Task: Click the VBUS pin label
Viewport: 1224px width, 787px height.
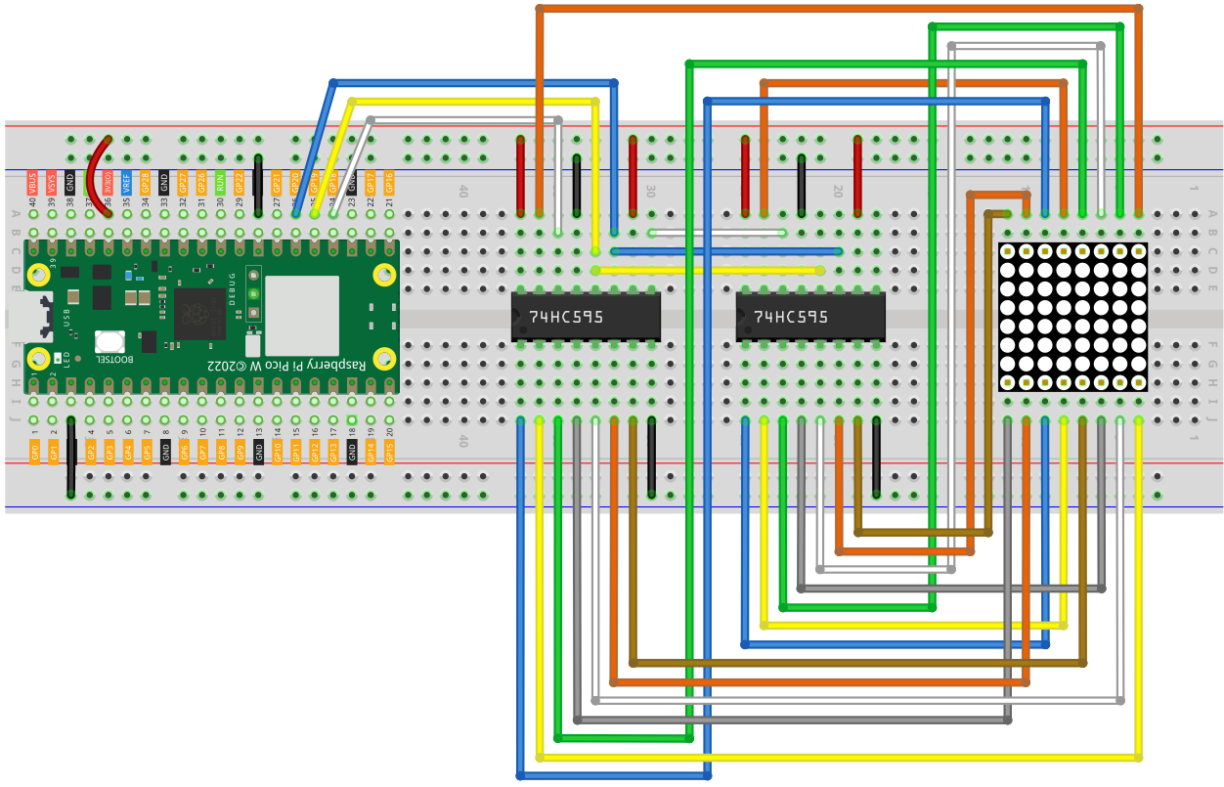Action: (33, 182)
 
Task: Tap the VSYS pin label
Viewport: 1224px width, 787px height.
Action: (52, 182)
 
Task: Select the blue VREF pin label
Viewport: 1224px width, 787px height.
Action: (127, 182)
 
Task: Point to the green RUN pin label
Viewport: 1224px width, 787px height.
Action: (221, 182)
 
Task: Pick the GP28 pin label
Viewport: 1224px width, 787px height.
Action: (146, 182)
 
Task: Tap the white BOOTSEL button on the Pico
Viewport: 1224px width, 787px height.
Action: (109, 342)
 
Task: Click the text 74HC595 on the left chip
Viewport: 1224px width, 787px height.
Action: (566, 318)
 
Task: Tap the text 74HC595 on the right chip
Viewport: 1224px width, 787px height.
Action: (791, 317)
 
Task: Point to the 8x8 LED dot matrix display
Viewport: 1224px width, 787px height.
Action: (1072, 317)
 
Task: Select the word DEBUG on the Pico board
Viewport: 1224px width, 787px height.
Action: (233, 287)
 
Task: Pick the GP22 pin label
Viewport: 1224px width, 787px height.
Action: (240, 182)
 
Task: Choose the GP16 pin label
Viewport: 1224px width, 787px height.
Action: (389, 182)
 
